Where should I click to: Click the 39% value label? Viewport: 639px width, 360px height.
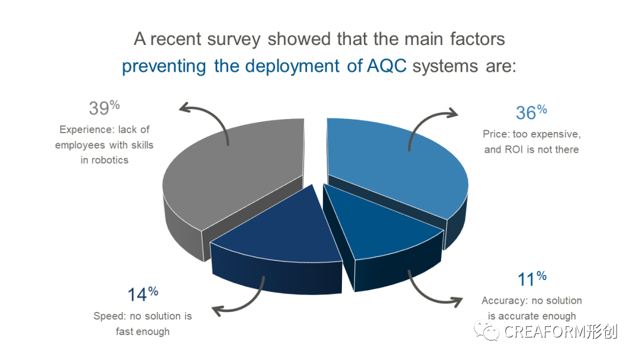click(x=104, y=108)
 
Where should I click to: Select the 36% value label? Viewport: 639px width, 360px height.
click(x=531, y=112)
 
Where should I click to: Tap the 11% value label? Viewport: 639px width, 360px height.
click(x=531, y=279)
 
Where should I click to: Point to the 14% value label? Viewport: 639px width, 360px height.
click(x=143, y=294)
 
